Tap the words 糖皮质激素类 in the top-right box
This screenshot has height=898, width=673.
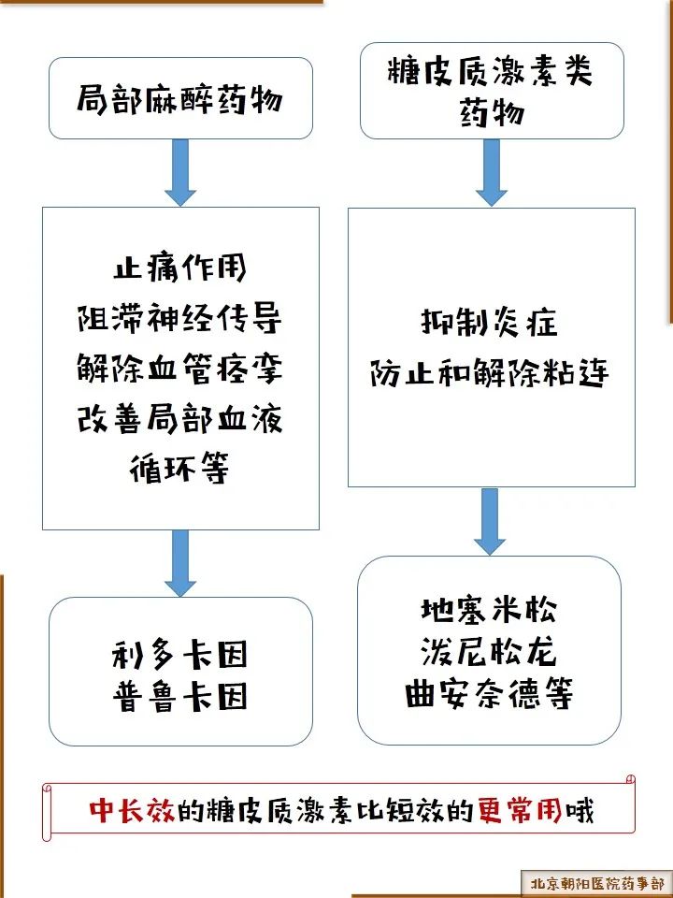coord(491,71)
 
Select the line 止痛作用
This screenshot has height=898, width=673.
coord(179,267)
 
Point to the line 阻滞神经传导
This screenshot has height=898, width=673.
coord(179,317)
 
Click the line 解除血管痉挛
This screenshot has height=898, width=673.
coord(179,368)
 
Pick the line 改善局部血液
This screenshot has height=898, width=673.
coord(179,418)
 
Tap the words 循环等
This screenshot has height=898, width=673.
coord(179,469)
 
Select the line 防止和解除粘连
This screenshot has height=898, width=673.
coord(489,373)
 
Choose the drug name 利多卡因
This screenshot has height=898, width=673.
coord(179,654)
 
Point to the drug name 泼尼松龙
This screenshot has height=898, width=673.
coord(489,652)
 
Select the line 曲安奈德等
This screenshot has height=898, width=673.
coord(489,694)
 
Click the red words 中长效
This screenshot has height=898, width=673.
coord(132,810)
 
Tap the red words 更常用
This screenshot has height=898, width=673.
coord(521,810)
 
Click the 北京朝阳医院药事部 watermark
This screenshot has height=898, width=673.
coord(597,883)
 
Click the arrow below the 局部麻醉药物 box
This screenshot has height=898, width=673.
coord(180,172)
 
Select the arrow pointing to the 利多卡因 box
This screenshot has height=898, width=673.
coord(180,563)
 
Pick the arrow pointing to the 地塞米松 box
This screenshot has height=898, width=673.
coord(489,521)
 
